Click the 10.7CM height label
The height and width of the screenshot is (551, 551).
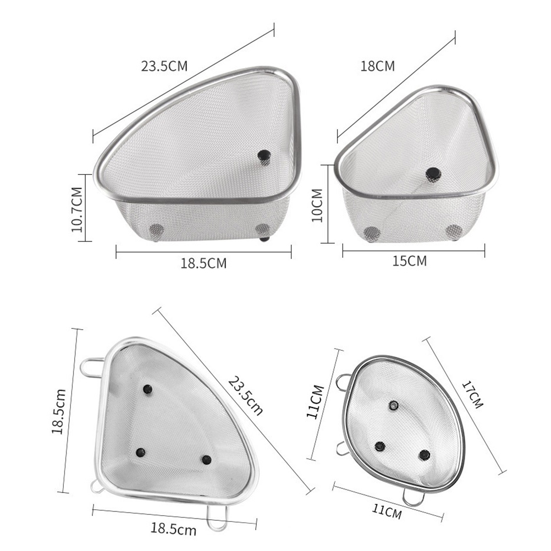click(x=77, y=210)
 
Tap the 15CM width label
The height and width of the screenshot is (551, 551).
click(x=409, y=261)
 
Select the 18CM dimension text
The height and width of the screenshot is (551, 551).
click(x=378, y=66)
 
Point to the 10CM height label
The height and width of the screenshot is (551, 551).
click(x=317, y=205)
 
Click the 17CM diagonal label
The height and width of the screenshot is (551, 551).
click(x=472, y=395)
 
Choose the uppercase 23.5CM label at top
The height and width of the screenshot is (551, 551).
click(x=164, y=66)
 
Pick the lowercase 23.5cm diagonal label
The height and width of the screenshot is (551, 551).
click(x=245, y=396)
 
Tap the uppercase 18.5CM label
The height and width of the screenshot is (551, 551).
click(x=203, y=263)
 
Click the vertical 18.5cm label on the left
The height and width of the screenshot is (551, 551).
click(x=59, y=411)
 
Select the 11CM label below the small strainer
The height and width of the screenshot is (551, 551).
click(x=387, y=511)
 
